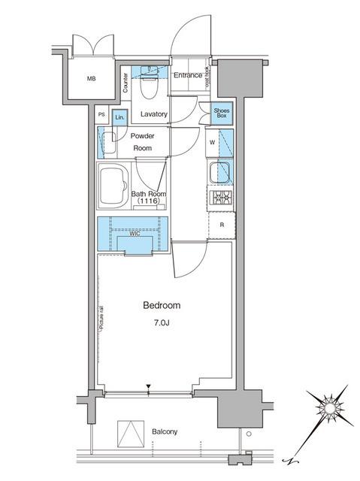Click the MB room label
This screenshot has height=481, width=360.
[x=91, y=79]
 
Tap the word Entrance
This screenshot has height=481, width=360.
[x=188, y=75]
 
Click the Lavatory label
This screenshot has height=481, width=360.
[x=153, y=115]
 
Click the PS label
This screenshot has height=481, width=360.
[x=102, y=115]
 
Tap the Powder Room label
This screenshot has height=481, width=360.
[x=142, y=142]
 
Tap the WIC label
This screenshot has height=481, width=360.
[x=134, y=233]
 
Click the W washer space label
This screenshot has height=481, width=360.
[x=213, y=142]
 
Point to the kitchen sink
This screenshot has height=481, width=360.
[x=221, y=172]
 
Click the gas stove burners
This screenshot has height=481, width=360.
[x=221, y=198]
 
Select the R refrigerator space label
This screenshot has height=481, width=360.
[x=222, y=225]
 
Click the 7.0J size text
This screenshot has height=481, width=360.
[x=162, y=324]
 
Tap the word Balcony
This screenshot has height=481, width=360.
[x=163, y=431]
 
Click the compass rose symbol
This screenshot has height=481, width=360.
[x=329, y=409]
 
